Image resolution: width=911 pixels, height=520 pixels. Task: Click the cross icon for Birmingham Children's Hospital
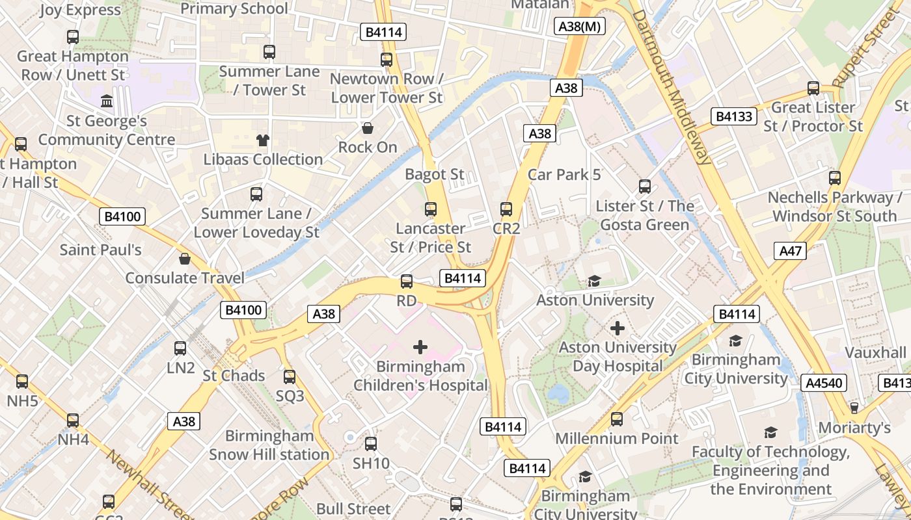pyautogui.click(x=420, y=347)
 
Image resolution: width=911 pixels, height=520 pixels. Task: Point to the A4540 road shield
pyautogui.click(x=824, y=383)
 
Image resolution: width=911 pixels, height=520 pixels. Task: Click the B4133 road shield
pyautogui.click(x=735, y=116)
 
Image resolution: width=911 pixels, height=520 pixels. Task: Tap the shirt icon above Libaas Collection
pyautogui.click(x=262, y=140)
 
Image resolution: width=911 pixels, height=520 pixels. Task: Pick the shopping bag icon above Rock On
pyautogui.click(x=368, y=128)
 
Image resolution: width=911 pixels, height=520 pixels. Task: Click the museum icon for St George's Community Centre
pyautogui.click(x=107, y=101)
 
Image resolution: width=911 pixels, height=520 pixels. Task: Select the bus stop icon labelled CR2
pyautogui.click(x=506, y=209)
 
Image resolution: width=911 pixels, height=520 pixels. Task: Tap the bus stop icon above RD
pyautogui.click(x=407, y=281)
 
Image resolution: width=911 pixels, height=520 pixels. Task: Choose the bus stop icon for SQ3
pyautogui.click(x=290, y=376)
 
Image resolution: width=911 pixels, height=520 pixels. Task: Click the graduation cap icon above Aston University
pyautogui.click(x=594, y=281)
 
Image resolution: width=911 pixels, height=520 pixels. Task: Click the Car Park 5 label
pyautogui.click(x=564, y=174)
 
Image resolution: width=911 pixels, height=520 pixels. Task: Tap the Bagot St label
pyautogui.click(x=435, y=174)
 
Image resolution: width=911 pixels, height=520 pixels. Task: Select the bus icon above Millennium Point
pyautogui.click(x=617, y=419)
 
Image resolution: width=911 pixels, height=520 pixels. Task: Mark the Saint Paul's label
pyautogui.click(x=101, y=250)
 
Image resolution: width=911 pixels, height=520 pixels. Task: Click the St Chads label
pyautogui.click(x=234, y=376)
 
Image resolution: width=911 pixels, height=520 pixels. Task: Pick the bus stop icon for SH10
pyautogui.click(x=371, y=444)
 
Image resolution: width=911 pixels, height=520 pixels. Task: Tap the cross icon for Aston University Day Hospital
pyautogui.click(x=617, y=328)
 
